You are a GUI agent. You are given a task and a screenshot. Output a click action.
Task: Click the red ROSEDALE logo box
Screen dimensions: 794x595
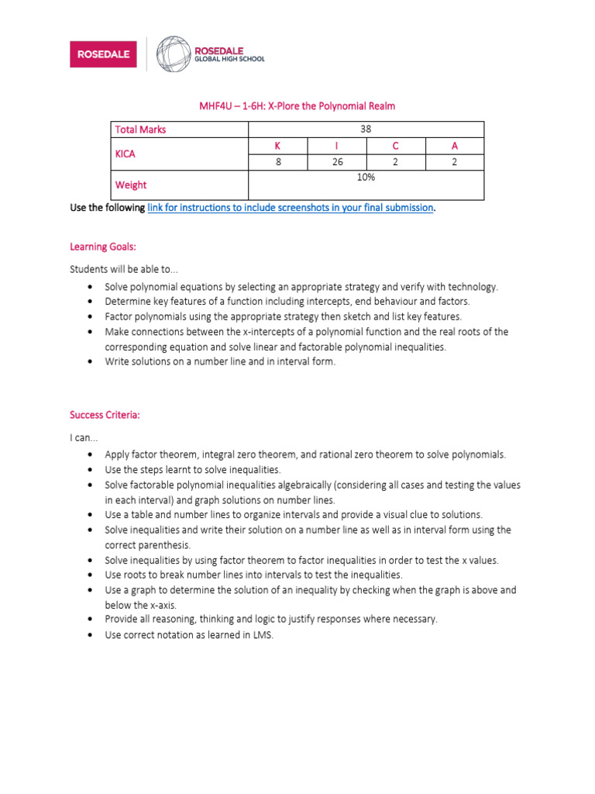click(105, 54)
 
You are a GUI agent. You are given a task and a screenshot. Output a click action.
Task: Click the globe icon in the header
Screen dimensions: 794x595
click(173, 54)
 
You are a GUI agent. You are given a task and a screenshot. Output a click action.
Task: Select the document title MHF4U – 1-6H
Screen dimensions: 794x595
click(297, 105)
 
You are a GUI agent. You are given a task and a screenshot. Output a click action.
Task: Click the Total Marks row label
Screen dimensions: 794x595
click(140, 129)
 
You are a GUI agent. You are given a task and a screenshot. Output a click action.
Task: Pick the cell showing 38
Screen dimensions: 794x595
click(366, 129)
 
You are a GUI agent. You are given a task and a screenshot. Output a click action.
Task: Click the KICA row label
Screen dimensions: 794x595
click(126, 154)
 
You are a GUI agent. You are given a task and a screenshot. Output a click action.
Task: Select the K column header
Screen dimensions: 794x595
click(277, 146)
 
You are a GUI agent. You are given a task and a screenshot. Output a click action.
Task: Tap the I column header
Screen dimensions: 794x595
click(336, 146)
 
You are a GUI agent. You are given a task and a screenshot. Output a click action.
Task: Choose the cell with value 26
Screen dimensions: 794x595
click(336, 162)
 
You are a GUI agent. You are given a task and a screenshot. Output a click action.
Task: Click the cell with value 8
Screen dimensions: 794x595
click(277, 162)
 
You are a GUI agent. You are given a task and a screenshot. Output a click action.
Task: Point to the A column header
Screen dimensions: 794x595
click(454, 146)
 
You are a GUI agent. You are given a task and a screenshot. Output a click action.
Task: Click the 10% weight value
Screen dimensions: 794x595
click(366, 178)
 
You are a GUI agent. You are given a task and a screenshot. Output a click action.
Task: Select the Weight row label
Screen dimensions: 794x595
click(131, 185)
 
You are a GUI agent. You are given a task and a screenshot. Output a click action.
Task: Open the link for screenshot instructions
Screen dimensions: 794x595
click(290, 208)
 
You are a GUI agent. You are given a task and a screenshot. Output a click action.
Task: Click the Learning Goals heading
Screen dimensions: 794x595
click(103, 247)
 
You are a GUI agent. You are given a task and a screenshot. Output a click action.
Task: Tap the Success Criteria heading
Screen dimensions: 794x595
click(105, 415)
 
